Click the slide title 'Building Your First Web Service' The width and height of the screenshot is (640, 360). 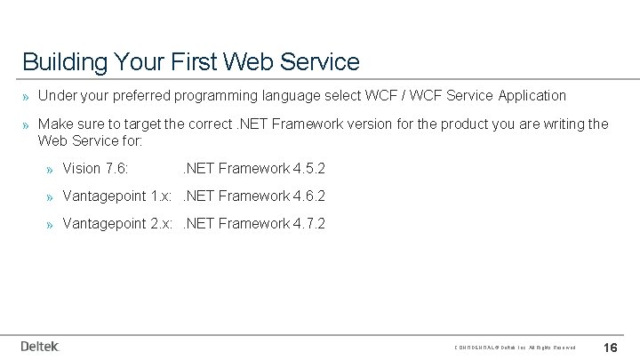point(191,61)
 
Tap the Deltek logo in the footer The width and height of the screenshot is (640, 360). point(40,346)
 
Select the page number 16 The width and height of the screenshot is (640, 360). point(612,346)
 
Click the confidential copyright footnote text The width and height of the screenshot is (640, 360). point(515,347)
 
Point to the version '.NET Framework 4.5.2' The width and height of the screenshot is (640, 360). point(253,168)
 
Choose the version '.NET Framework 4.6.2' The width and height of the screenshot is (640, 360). point(253,196)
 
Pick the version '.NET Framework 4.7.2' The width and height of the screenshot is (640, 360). point(253,224)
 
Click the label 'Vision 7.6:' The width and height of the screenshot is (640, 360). point(95,168)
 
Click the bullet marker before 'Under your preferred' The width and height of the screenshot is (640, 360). point(26,96)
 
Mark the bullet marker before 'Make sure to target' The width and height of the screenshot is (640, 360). point(26,124)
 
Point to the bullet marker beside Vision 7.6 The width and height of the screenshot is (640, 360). point(51,169)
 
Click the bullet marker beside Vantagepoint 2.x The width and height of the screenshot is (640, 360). point(51,225)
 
